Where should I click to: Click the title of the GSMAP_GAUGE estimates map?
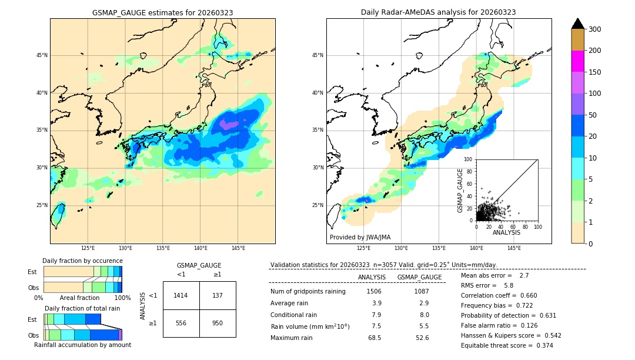(162, 12)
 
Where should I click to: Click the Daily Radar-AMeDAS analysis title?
(439, 12)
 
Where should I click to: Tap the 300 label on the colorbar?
(596, 29)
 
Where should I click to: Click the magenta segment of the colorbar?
(578, 61)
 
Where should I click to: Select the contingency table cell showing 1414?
(181, 295)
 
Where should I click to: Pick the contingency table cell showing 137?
(218, 295)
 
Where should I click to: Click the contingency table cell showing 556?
(181, 323)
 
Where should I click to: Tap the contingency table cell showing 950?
(218, 323)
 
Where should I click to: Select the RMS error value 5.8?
(509, 285)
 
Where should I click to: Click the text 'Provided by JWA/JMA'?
(360, 238)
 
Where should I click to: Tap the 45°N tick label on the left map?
(42, 55)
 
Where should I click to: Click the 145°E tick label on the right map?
(514, 248)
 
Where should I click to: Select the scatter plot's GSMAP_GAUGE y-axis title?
(460, 190)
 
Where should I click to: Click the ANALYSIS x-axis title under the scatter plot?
(506, 232)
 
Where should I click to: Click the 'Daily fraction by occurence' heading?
(82, 261)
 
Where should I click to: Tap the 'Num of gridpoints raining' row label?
(308, 291)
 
